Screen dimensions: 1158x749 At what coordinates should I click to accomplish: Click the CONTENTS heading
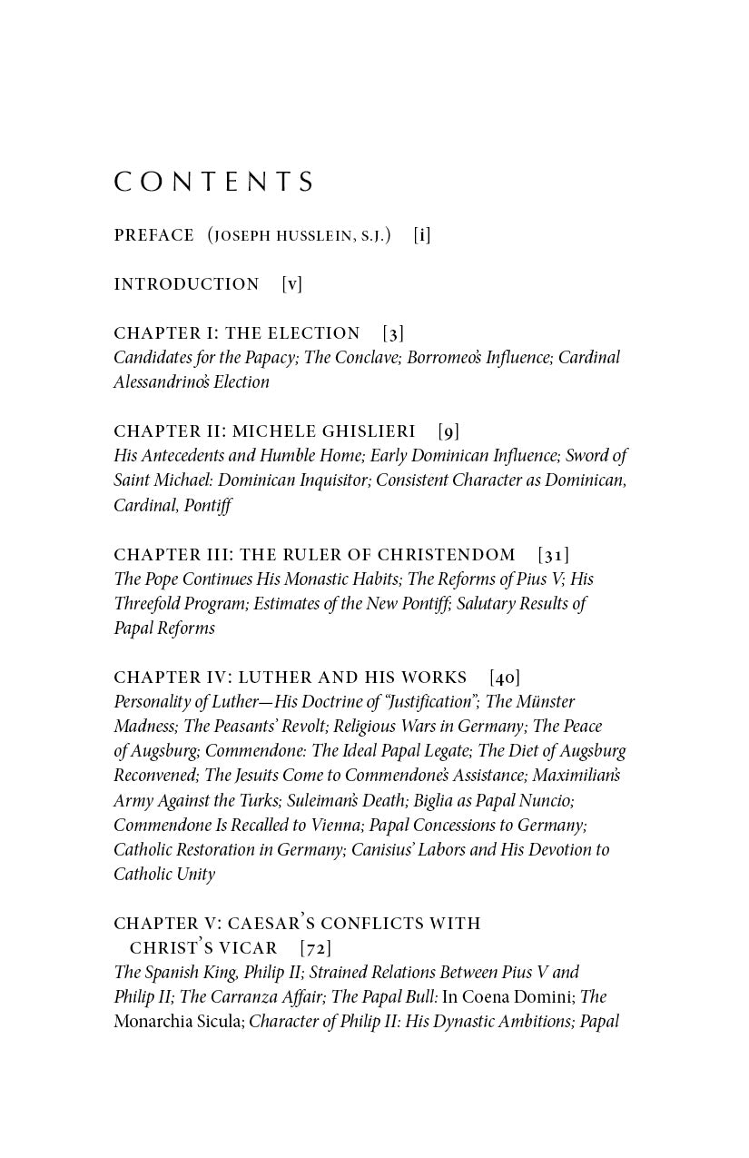click(x=213, y=183)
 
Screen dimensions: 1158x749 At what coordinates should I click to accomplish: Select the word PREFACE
click(x=153, y=235)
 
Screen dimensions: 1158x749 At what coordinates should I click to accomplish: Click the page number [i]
click(x=422, y=235)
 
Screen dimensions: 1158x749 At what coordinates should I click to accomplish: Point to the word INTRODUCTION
click(x=186, y=284)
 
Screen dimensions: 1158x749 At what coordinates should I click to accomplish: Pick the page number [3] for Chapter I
click(x=393, y=333)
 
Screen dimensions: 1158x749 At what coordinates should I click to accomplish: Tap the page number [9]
click(x=448, y=431)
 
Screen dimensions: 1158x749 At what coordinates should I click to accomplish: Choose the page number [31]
click(x=554, y=554)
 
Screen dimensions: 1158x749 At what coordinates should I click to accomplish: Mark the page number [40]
click(x=505, y=677)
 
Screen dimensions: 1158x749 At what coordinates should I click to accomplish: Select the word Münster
click(x=547, y=702)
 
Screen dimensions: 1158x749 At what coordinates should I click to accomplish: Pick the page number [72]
click(x=316, y=947)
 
